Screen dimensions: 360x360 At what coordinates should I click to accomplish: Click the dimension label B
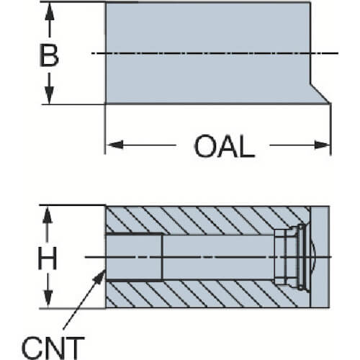click(x=49, y=55)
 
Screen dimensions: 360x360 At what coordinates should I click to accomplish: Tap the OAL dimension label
click(x=224, y=146)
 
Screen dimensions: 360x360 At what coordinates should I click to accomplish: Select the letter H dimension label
click(x=48, y=258)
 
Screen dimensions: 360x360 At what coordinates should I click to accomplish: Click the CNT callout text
click(x=53, y=348)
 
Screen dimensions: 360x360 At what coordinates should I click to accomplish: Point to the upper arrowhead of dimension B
click(x=50, y=12)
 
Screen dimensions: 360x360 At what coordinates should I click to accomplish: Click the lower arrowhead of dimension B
click(x=49, y=95)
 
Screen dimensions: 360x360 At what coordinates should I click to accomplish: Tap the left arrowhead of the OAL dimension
click(x=115, y=145)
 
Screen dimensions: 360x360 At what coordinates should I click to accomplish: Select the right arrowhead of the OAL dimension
click(x=322, y=145)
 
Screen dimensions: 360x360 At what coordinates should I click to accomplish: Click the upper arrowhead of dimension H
click(x=48, y=215)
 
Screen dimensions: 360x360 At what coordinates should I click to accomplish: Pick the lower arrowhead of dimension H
click(x=48, y=299)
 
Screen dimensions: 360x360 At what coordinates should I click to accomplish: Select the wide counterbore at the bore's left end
click(x=134, y=257)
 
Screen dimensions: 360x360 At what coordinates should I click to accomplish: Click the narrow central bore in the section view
click(x=218, y=257)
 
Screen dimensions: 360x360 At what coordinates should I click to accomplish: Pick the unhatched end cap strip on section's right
click(x=320, y=257)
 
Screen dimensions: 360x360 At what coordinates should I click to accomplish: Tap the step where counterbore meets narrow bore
click(x=163, y=257)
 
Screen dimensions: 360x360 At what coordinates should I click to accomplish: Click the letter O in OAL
click(x=204, y=146)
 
